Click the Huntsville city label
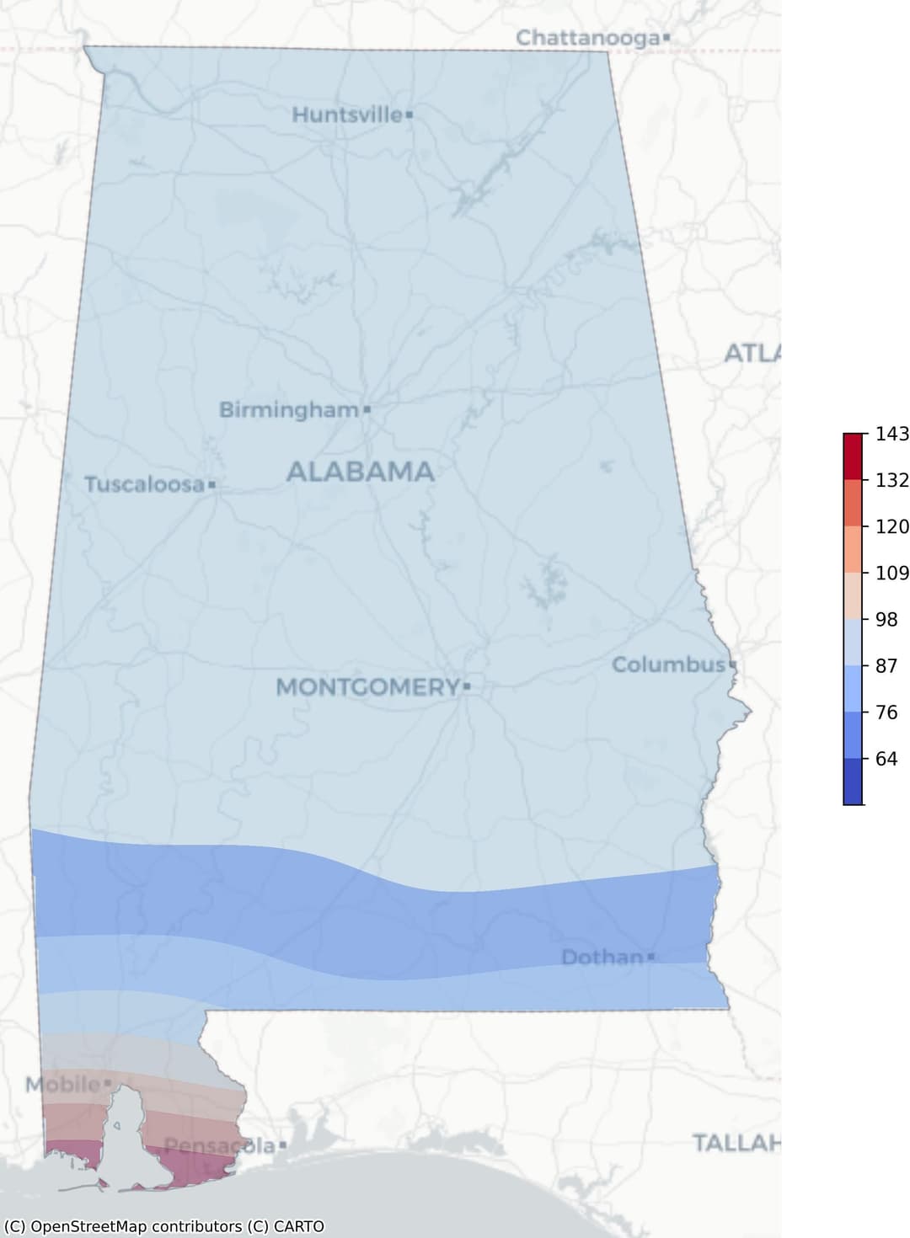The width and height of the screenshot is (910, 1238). [346, 115]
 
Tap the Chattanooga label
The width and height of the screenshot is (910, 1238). [587, 38]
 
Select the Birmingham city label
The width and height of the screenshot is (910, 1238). [289, 410]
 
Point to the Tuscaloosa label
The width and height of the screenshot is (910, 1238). [144, 484]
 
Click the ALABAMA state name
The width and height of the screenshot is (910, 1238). [361, 472]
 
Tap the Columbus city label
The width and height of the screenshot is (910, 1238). [667, 664]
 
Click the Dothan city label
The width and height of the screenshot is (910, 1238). [602, 957]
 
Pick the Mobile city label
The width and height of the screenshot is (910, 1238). [62, 1084]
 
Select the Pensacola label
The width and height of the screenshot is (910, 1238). [219, 1145]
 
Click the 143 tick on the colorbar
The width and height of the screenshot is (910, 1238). [891, 434]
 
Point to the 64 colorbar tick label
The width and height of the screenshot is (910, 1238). [886, 759]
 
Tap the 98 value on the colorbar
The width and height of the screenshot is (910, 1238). [886, 619]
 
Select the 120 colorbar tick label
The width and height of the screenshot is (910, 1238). [891, 526]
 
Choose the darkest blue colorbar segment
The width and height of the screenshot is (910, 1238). [853, 782]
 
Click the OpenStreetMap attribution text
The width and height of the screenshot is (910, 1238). [164, 1226]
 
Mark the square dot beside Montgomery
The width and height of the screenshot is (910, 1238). [467, 687]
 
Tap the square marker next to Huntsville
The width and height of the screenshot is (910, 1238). [409, 115]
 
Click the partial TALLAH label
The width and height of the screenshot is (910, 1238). [736, 1143]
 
